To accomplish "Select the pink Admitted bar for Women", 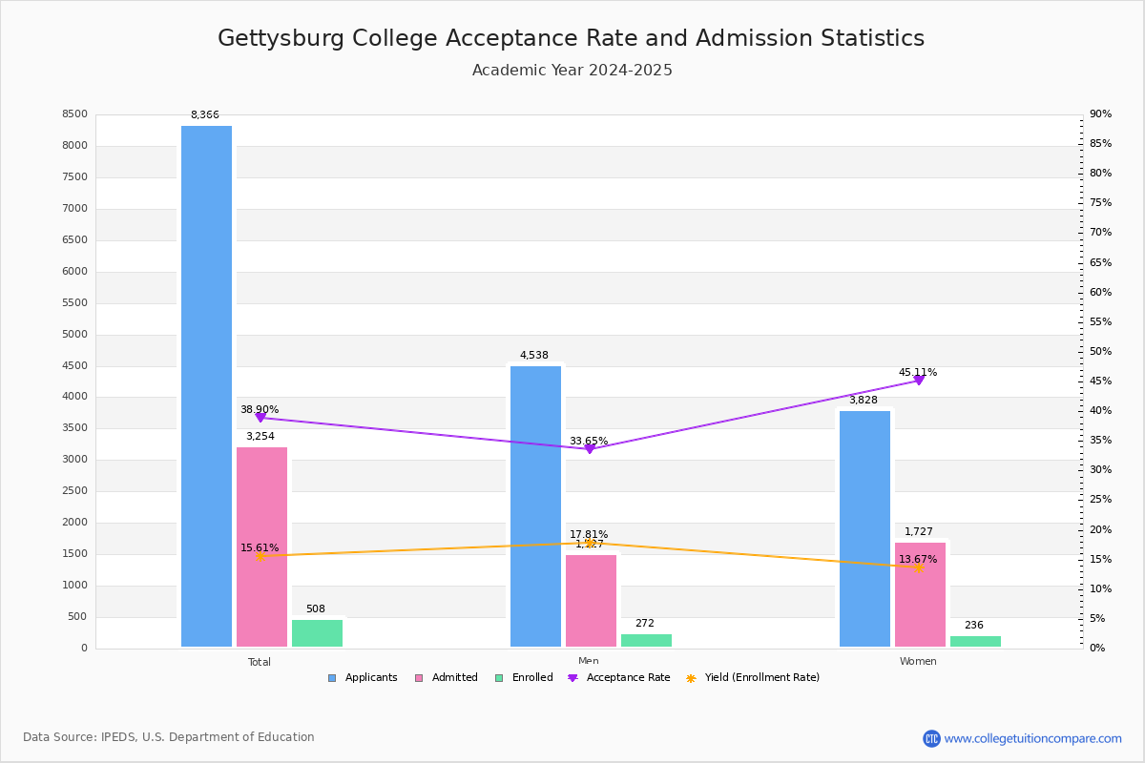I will coord(920,595).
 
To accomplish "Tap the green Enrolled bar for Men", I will coord(646,640).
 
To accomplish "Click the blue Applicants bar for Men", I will coord(535,506).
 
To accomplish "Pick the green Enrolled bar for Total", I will coord(317,633).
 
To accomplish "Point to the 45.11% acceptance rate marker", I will coord(919,380).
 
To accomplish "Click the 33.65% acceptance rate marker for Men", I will coord(589,448).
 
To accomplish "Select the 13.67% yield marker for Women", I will coord(919,567).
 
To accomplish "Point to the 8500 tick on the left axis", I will coord(75,114).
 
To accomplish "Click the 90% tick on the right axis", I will coord(1100,114).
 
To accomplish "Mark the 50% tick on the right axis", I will coord(1100,352).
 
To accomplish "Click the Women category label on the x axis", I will coord(918,662).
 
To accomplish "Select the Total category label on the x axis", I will coord(260,662).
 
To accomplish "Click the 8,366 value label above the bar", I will coord(205,115).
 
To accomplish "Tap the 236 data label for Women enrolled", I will coord(974,626).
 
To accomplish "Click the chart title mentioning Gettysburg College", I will coord(571,38).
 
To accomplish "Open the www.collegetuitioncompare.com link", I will coord(1032,738).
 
